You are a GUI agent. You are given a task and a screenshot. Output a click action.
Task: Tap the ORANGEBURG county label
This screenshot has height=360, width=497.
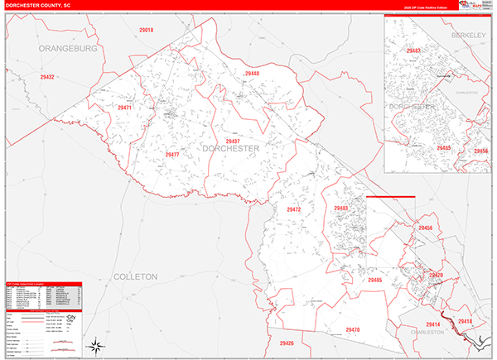(67, 49)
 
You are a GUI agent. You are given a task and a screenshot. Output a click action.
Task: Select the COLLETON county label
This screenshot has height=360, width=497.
(135, 276)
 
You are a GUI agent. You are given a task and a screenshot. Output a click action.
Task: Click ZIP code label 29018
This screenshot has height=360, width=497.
(146, 30)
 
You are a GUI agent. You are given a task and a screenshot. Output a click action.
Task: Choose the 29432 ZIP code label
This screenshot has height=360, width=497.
(46, 77)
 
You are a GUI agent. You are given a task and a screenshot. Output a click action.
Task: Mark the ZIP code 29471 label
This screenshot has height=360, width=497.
(124, 108)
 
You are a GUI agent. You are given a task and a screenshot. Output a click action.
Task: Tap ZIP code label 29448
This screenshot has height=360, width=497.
(252, 74)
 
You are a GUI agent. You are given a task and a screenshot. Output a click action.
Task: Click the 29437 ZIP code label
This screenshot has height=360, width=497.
(233, 142)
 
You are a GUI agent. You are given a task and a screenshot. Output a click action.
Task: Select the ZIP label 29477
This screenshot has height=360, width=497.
(171, 155)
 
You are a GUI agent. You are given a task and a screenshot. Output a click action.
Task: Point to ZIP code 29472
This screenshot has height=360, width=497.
(294, 209)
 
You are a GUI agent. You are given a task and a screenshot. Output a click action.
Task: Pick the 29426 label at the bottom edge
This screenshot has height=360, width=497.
(287, 343)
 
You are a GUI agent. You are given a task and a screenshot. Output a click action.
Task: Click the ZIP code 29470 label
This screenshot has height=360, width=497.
(353, 330)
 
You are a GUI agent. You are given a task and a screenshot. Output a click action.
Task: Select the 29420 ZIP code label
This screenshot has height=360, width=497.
(437, 276)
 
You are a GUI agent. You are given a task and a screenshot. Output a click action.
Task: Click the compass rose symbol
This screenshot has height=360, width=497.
(98, 345)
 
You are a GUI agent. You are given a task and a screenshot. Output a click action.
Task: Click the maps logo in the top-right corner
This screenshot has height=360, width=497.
(474, 6)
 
